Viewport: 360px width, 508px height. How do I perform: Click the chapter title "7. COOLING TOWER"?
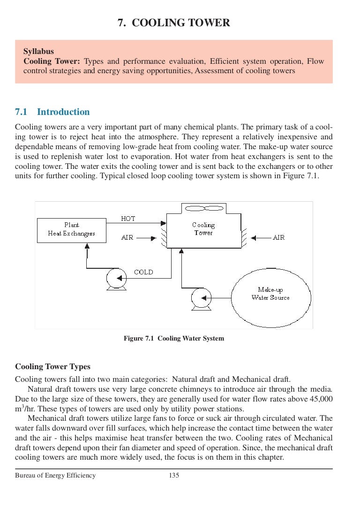[x=174, y=23]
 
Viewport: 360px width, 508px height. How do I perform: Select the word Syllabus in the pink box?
[x=38, y=52]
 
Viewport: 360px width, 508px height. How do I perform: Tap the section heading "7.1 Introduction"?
[x=52, y=112]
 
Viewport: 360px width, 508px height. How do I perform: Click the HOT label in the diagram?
[x=128, y=219]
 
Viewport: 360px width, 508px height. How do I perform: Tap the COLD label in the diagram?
[x=143, y=272]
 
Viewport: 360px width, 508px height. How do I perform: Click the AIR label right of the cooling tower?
[x=278, y=238]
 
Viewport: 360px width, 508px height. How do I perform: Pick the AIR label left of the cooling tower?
[x=127, y=238]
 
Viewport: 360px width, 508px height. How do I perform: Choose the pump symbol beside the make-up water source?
[x=202, y=299]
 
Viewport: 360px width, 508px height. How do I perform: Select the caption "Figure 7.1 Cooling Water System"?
[x=173, y=338]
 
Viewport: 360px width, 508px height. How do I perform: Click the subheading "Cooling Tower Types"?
[x=52, y=367]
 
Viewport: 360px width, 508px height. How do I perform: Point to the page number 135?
[x=174, y=476]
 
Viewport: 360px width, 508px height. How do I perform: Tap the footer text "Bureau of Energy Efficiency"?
[x=55, y=476]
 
